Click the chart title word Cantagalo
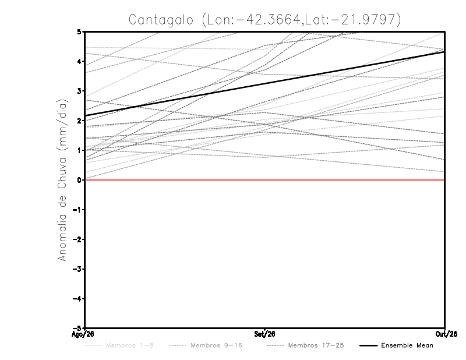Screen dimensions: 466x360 click(x=161, y=20)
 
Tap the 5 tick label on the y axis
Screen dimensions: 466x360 click(x=79, y=32)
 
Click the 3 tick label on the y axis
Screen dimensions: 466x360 click(x=79, y=91)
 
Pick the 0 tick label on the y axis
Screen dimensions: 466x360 click(x=79, y=180)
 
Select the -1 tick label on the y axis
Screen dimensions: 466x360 click(x=77, y=210)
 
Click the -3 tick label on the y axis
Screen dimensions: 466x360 click(x=77, y=269)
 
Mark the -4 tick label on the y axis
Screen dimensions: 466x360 click(x=77, y=298)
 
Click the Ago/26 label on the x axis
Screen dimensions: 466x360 click(x=83, y=334)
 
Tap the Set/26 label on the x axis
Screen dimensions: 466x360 click(x=264, y=334)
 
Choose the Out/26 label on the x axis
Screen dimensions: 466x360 click(x=446, y=334)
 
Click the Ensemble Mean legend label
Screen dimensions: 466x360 click(x=407, y=345)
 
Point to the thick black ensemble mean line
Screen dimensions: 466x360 click(x=264, y=83)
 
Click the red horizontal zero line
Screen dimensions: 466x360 click(x=264, y=180)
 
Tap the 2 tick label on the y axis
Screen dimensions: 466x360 click(x=79, y=121)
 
